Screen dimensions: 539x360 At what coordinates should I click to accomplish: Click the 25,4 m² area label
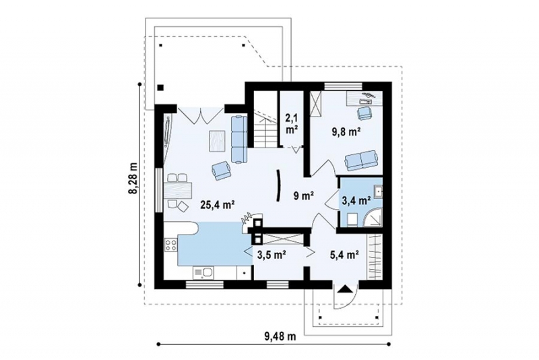coord(218,205)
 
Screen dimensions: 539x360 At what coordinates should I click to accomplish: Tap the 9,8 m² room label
coord(346,131)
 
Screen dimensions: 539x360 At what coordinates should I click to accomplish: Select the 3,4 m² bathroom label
coord(356,200)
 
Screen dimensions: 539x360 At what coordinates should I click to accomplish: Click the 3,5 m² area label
coord(273,255)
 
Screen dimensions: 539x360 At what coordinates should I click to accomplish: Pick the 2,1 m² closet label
coord(292,124)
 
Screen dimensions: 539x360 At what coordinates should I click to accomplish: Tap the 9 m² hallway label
coord(304,196)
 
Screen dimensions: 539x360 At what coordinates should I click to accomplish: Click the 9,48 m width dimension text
coord(280,336)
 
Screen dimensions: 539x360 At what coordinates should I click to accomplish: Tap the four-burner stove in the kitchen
coord(171,245)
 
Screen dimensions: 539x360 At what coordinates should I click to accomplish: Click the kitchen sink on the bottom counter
coord(203,273)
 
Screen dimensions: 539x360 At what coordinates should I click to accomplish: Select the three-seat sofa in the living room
coord(239,139)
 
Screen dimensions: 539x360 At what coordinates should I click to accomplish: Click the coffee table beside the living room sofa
coord(217,142)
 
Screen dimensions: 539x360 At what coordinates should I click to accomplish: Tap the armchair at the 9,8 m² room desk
coord(364,113)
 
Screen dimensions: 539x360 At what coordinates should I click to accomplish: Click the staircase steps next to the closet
coord(265,129)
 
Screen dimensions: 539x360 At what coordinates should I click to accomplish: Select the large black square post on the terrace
coord(160,88)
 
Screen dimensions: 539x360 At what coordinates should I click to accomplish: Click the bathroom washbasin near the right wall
coord(378,192)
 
